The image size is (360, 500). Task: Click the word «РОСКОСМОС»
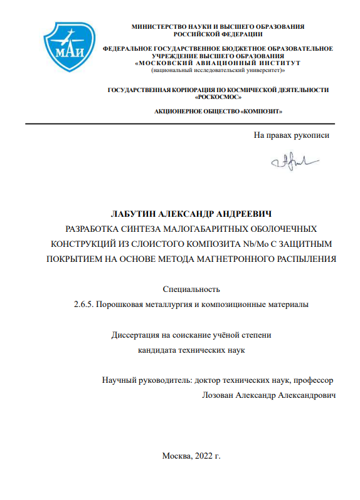click(x=218, y=97)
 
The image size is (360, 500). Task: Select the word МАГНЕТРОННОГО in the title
click(x=226, y=258)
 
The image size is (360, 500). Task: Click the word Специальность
click(x=191, y=289)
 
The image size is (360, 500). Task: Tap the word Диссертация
click(x=137, y=335)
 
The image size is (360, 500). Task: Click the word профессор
click(x=310, y=380)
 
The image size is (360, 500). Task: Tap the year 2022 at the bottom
click(x=203, y=456)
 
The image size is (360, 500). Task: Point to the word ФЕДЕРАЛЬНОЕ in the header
click(x=127, y=48)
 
